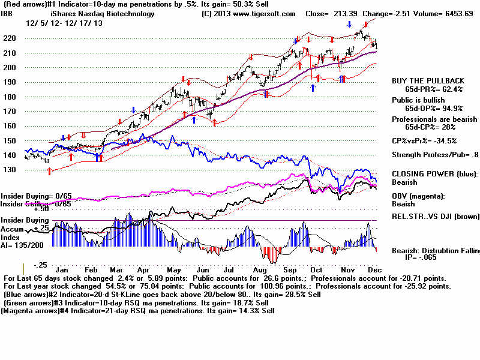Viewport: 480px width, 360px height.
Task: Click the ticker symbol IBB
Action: click(x=8, y=13)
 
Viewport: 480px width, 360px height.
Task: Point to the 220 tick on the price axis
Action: click(x=9, y=38)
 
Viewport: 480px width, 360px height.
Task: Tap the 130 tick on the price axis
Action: click(x=9, y=170)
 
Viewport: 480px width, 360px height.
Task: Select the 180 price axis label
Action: click(x=9, y=97)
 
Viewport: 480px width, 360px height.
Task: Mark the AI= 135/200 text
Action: click(x=20, y=245)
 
